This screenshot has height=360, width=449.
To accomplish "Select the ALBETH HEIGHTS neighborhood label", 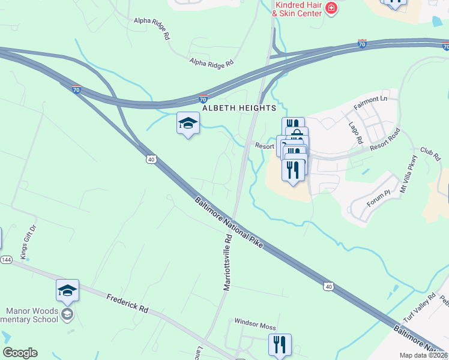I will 239,108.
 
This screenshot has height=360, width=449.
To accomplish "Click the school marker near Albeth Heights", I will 188,124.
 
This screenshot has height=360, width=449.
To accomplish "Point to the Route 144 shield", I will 6,260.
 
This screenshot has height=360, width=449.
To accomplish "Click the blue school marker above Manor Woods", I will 67,291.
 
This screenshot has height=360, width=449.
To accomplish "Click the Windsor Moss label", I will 255,327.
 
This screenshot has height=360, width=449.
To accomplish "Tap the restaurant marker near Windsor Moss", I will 280,345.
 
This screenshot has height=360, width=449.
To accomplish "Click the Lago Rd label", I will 356,133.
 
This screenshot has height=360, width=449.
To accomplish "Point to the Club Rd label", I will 430,154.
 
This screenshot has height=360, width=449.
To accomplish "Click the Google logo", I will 20,353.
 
